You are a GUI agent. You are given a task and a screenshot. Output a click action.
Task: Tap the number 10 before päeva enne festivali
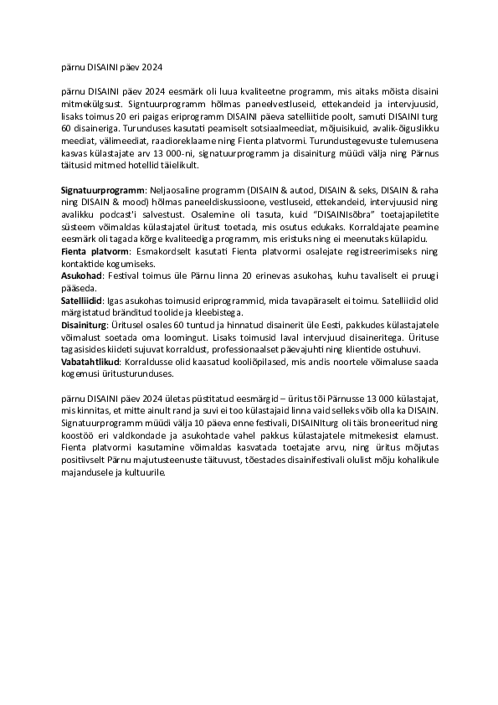pyautogui.click(x=179, y=425)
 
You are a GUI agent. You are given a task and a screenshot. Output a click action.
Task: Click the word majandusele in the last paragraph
pyautogui.click(x=89, y=472)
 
